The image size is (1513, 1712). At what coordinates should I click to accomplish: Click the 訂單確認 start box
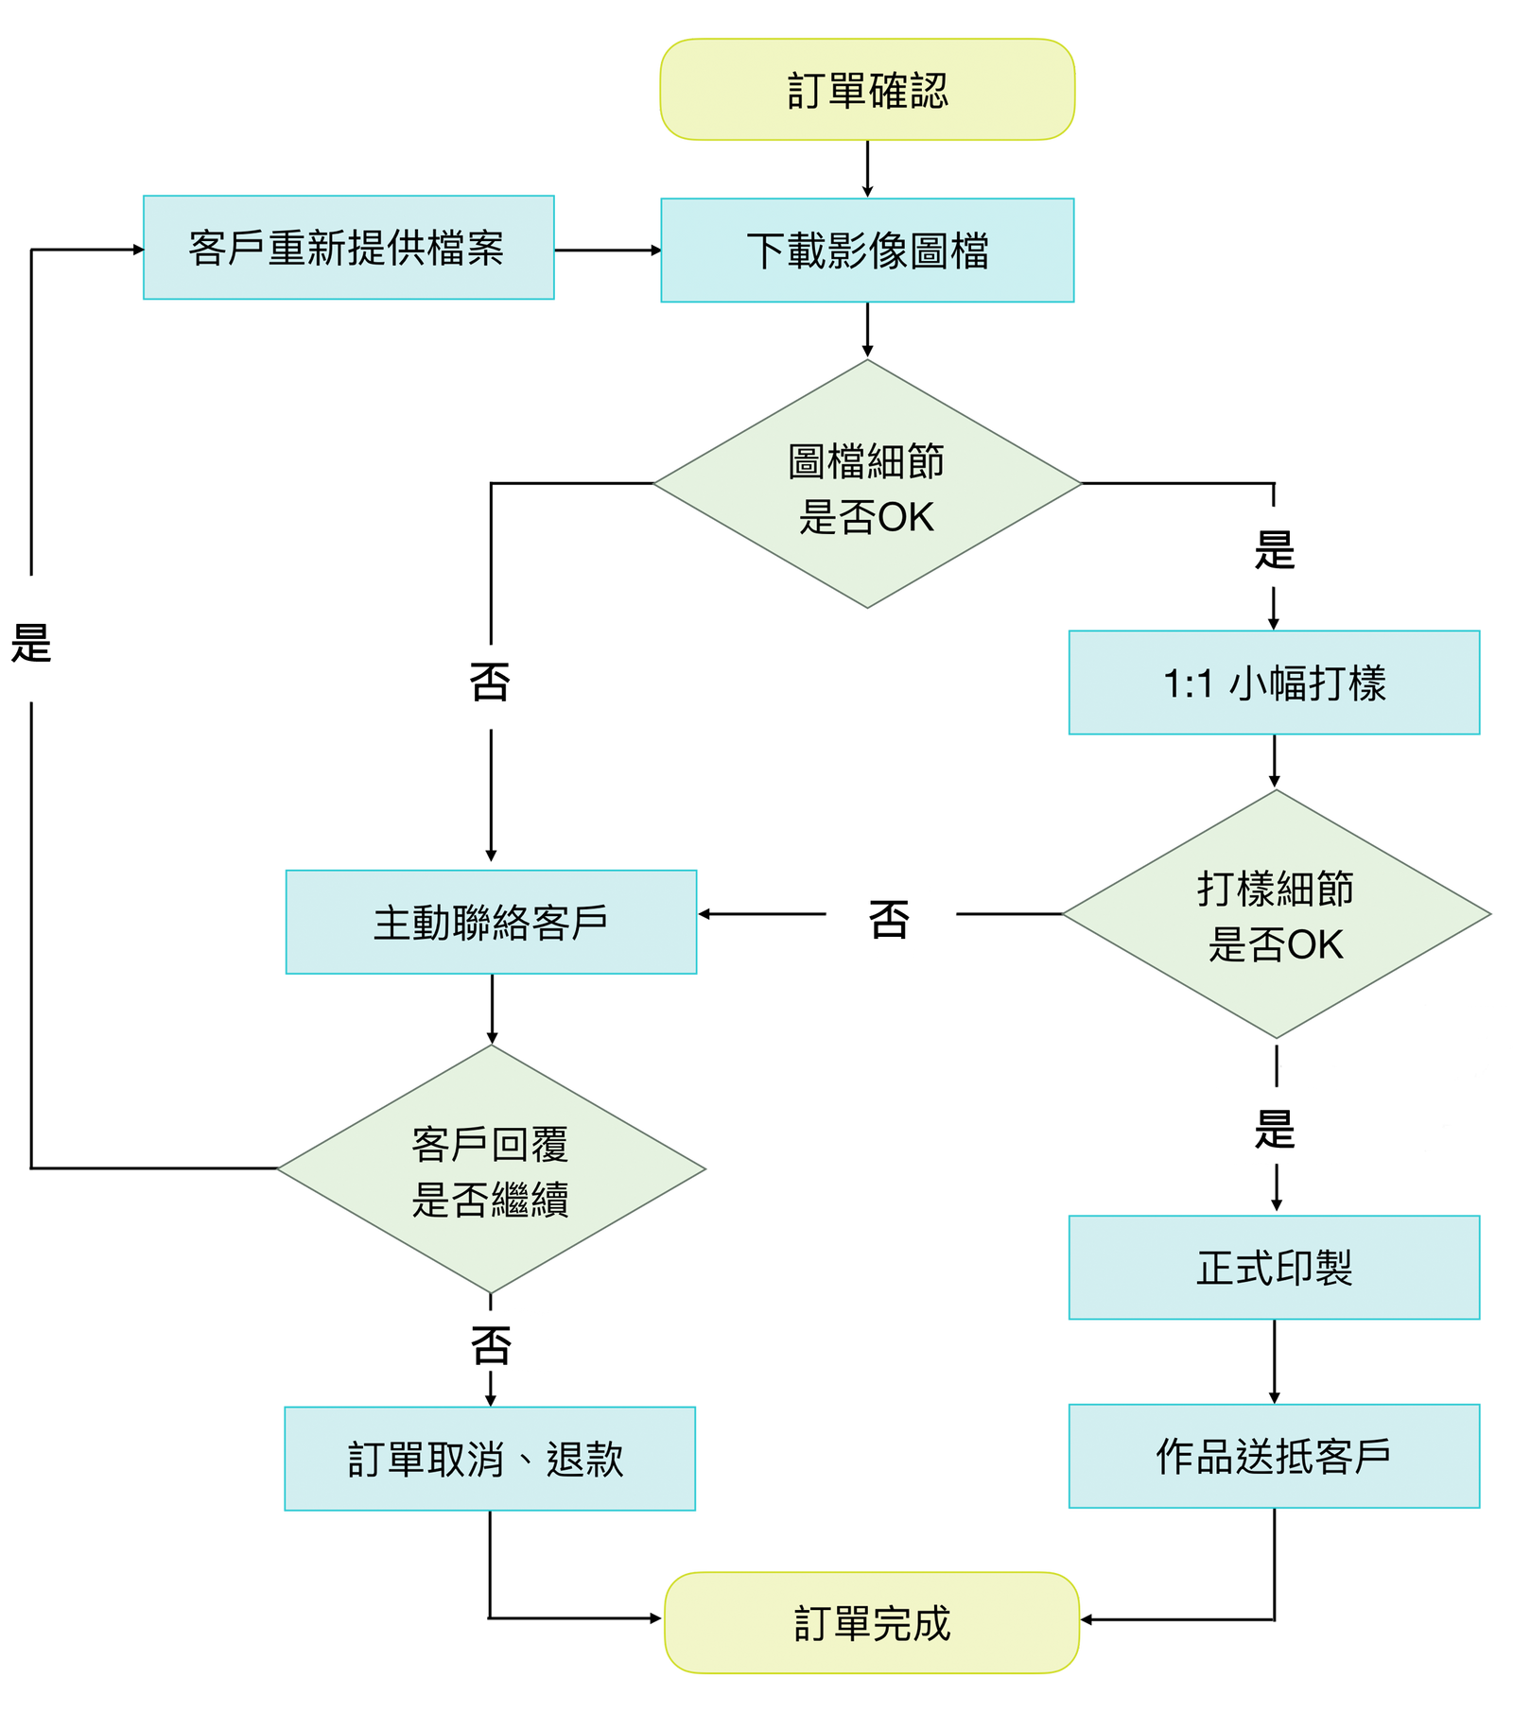(867, 91)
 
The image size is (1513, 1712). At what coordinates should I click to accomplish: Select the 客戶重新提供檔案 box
(348, 249)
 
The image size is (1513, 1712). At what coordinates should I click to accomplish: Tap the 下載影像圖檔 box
(867, 251)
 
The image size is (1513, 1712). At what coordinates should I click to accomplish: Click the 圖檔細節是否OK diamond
(867, 484)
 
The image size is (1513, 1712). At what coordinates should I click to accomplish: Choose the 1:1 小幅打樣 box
(1274, 683)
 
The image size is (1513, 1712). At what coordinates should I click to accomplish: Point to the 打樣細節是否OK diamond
(1277, 915)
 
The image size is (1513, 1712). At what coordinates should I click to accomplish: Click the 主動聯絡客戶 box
(491, 923)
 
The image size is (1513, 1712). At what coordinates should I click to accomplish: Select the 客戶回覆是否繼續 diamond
(492, 1170)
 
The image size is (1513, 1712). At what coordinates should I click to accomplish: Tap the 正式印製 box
(1274, 1268)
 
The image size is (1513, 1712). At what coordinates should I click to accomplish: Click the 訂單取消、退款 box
(489, 1459)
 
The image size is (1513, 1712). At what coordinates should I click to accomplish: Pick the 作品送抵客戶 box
(1274, 1457)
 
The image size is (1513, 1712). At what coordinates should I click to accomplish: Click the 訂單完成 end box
(872, 1623)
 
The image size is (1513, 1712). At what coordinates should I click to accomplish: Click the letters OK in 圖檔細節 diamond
(906, 518)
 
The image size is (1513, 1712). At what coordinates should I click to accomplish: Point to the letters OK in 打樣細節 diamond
(1315, 945)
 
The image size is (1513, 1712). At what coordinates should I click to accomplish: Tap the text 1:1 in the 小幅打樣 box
(1188, 683)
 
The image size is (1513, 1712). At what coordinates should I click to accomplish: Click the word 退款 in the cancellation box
(585, 1459)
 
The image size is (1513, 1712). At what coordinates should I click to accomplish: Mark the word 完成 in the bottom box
(912, 1623)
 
